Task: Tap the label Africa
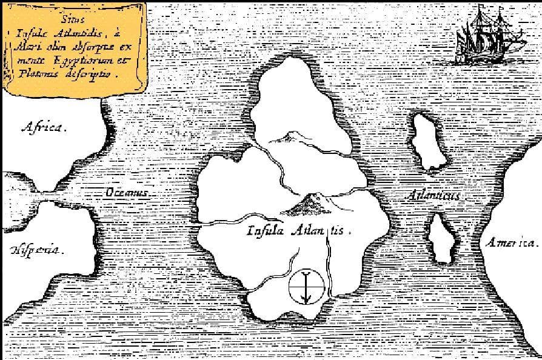(x=44, y=127)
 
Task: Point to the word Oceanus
(x=127, y=192)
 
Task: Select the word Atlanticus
(x=434, y=196)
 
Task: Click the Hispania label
(x=35, y=250)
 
